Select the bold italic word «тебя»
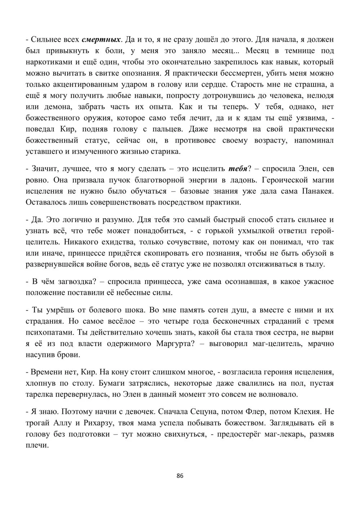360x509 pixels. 238,168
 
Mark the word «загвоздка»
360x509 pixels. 67,281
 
